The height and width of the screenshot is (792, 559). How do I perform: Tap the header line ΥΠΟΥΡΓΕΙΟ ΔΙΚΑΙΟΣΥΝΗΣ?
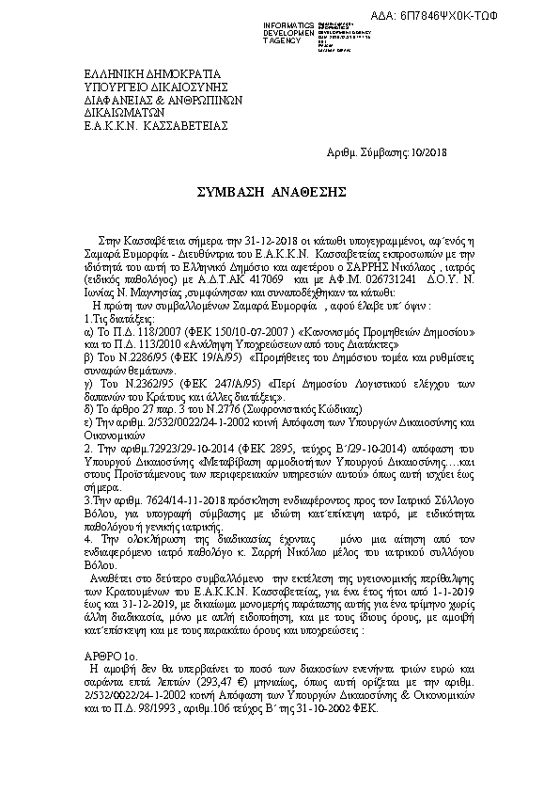pos(144,85)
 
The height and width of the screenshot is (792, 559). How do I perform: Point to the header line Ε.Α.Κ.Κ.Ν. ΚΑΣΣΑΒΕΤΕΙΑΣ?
pos(144,123)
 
